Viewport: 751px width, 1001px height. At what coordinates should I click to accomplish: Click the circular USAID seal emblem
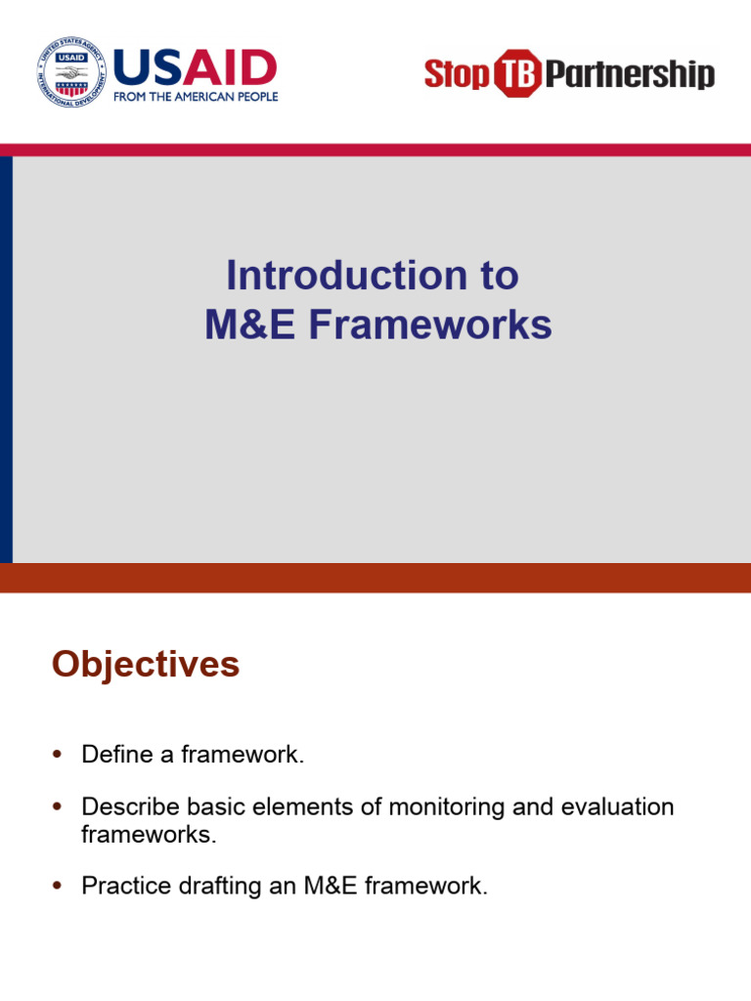coord(71,73)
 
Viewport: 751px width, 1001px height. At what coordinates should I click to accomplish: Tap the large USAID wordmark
coord(196,67)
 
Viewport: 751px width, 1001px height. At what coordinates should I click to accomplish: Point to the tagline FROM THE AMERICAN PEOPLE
coord(196,97)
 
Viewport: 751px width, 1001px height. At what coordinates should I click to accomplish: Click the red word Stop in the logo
coord(456,74)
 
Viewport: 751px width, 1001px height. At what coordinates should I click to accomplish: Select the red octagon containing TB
coord(515,74)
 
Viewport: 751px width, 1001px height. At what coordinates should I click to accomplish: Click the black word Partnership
coord(629,74)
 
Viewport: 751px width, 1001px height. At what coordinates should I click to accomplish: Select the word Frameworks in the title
coord(430,326)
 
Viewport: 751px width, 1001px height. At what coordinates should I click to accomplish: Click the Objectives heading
coord(146,665)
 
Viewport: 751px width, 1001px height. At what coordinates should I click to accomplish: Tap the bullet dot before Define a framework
coord(57,755)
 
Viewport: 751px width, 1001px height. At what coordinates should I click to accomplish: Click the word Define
coord(111,755)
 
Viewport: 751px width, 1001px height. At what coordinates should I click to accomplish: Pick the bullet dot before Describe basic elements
coord(57,808)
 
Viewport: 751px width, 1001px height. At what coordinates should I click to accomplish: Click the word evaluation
coord(617,807)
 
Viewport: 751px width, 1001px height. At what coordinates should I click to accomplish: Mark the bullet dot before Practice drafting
coord(57,887)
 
